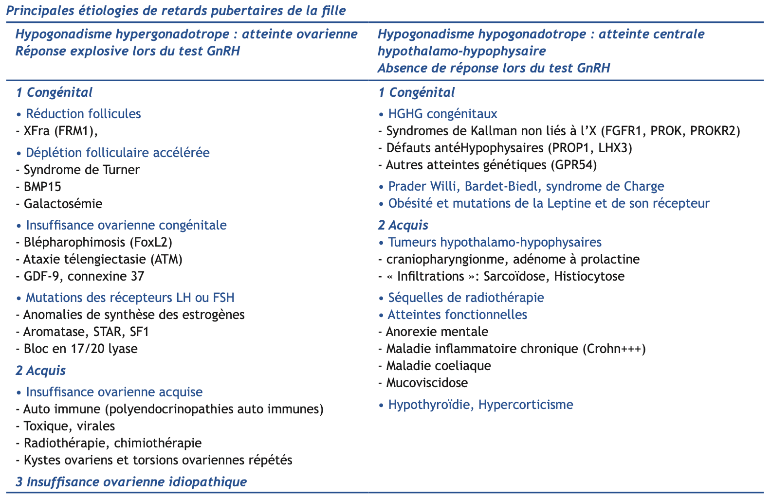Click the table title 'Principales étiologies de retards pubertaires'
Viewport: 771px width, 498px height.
[x=176, y=11]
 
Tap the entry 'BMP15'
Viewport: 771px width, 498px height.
[x=42, y=187]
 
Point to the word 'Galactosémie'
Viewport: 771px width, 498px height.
[x=63, y=204]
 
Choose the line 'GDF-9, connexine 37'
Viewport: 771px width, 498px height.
[x=84, y=276]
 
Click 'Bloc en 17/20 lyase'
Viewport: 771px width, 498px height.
[x=80, y=349]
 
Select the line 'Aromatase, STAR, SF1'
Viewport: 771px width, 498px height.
[x=86, y=332]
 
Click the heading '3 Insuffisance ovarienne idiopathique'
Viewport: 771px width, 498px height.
[x=131, y=482]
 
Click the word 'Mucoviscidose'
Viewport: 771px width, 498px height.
[x=427, y=383]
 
